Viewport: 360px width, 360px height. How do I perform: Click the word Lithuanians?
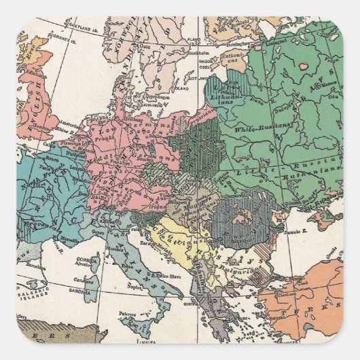click(228, 96)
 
